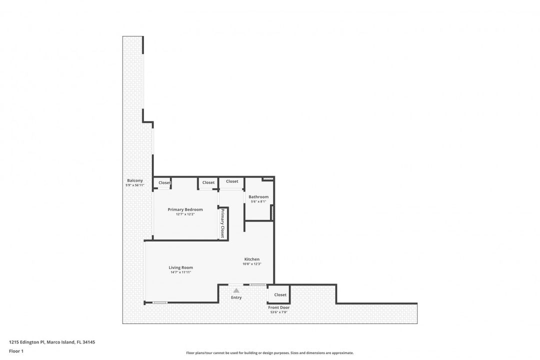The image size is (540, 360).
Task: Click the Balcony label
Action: pyautogui.click(x=134, y=180)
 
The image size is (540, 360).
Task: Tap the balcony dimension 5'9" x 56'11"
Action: pyautogui.click(x=134, y=185)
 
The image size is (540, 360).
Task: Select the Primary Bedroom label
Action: pyautogui.click(x=185, y=209)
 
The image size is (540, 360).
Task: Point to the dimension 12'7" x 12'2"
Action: pyautogui.click(x=185, y=214)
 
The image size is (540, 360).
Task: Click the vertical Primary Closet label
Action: pyautogui.click(x=222, y=223)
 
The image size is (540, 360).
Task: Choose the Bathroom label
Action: pyautogui.click(x=258, y=196)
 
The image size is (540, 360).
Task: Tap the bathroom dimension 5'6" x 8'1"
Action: pyautogui.click(x=258, y=201)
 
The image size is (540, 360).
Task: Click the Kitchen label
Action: pyautogui.click(x=252, y=259)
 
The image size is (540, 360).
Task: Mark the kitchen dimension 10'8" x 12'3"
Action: pyautogui.click(x=252, y=264)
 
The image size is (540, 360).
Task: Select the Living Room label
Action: pyautogui.click(x=180, y=267)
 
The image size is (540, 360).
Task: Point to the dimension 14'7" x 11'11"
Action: pyautogui.click(x=180, y=272)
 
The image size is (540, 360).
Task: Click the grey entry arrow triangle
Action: pyautogui.click(x=236, y=289)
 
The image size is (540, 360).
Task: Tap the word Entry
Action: pyautogui.click(x=236, y=297)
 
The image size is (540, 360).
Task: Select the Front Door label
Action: pyautogui.click(x=278, y=307)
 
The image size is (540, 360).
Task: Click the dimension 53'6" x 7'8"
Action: pyautogui.click(x=279, y=313)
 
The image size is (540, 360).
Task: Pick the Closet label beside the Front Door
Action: pyautogui.click(x=280, y=294)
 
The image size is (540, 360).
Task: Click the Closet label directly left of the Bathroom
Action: pyautogui.click(x=232, y=181)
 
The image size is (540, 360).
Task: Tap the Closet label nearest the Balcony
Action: pyautogui.click(x=164, y=182)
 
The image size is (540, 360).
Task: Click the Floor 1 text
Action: pyautogui.click(x=16, y=351)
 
